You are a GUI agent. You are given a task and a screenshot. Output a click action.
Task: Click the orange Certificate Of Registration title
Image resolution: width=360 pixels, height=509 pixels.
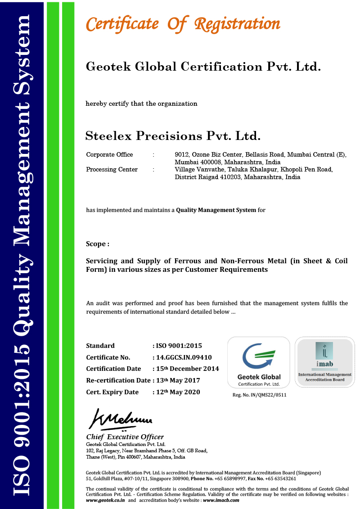point(183,24)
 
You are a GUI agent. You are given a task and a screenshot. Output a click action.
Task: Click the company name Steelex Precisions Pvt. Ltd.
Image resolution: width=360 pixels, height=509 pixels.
point(173,135)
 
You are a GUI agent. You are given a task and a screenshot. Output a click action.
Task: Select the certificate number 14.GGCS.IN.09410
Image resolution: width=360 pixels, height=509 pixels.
point(184,357)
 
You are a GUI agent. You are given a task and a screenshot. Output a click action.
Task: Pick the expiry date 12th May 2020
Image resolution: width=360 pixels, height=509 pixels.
point(177,392)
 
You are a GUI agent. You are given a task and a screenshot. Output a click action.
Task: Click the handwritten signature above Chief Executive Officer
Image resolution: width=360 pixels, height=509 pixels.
point(121,420)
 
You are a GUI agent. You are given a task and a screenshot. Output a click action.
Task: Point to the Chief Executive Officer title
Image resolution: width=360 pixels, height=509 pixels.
point(125,437)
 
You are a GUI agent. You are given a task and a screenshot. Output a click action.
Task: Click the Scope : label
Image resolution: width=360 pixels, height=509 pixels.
point(98,244)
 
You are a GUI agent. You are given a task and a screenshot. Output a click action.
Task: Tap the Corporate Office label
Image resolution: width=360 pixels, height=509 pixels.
point(109,154)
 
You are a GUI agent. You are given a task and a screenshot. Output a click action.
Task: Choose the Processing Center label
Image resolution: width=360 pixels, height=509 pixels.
point(112,169)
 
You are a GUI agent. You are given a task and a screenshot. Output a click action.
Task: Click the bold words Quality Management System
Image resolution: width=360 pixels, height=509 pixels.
point(216,210)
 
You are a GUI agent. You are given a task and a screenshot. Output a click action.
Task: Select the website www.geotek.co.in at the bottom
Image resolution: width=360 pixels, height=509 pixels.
point(105,500)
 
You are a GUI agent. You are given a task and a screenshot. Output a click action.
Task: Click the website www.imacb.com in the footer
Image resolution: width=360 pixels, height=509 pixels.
point(221,500)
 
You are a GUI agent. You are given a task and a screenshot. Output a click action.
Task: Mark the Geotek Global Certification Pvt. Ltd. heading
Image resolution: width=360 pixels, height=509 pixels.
point(203,67)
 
